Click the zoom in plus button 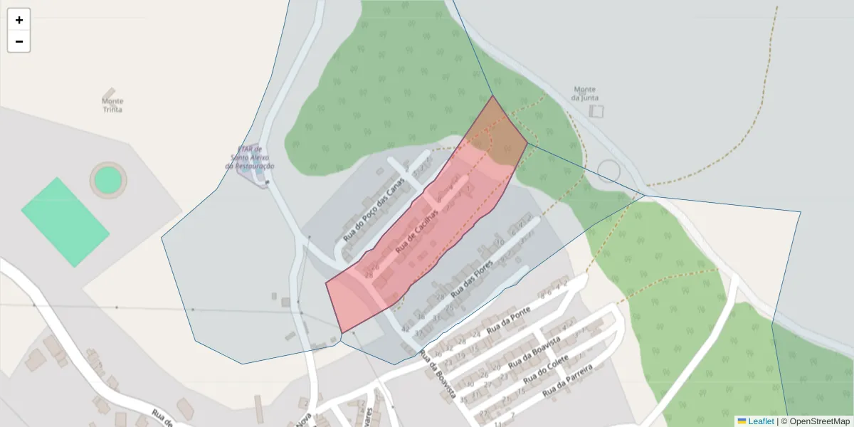click(19, 20)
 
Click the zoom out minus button click(19, 41)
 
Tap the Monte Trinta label click(112, 105)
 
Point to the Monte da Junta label click(585, 93)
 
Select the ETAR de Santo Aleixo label click(250, 157)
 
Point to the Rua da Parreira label click(567, 381)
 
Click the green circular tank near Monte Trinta click(107, 179)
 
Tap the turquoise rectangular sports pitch click(65, 222)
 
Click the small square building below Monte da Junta click(596, 111)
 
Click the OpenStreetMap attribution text click(819, 421)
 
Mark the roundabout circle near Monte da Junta click(608, 172)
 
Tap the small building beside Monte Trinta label click(108, 93)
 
